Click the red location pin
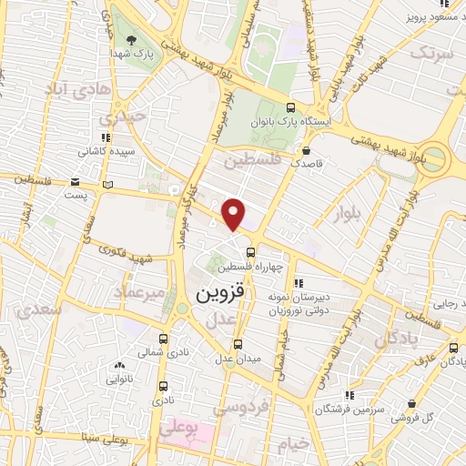(x=234, y=214)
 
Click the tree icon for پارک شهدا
(x=132, y=40)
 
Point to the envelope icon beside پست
(x=109, y=185)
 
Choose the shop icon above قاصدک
(x=307, y=151)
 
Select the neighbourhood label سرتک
(x=431, y=53)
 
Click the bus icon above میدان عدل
(x=238, y=344)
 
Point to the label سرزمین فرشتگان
(x=347, y=409)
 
